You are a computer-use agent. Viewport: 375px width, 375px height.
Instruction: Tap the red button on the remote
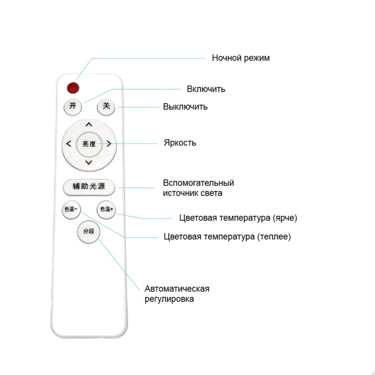pyautogui.click(x=73, y=88)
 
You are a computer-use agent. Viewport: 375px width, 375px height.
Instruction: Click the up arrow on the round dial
pyautogui.click(x=89, y=124)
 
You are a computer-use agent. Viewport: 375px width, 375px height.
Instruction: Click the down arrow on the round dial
pyautogui.click(x=89, y=163)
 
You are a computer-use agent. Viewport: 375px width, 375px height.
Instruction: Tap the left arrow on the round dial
pyautogui.click(x=69, y=144)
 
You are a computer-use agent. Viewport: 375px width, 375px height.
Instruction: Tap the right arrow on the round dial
pyautogui.click(x=109, y=144)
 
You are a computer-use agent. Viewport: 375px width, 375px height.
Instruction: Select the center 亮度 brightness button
pyautogui.click(x=89, y=144)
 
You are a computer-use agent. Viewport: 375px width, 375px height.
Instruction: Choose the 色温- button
pyautogui.click(x=71, y=209)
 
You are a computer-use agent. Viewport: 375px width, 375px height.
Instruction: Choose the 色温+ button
pyautogui.click(x=107, y=209)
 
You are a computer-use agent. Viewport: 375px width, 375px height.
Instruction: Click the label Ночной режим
pyautogui.click(x=241, y=58)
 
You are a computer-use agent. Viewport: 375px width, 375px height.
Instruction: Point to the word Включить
pyautogui.click(x=206, y=89)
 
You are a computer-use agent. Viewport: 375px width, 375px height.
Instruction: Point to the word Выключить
pyautogui.click(x=185, y=107)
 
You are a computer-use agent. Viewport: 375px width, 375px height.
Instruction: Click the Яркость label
pyautogui.click(x=180, y=143)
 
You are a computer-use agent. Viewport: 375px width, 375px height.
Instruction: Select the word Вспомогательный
pyautogui.click(x=199, y=183)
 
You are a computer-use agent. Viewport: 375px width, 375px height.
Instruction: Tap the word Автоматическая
pyautogui.click(x=177, y=289)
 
